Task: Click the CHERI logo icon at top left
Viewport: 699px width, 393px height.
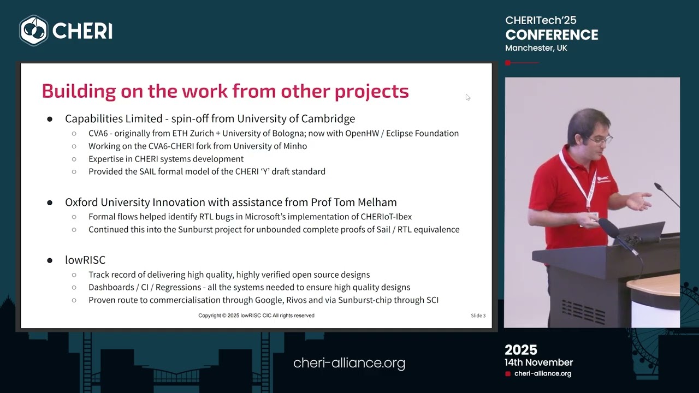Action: [x=34, y=31]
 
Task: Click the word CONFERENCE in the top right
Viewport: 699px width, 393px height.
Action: [x=552, y=35]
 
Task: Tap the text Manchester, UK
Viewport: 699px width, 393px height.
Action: [x=536, y=48]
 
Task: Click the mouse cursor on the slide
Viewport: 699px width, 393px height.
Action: [x=467, y=97]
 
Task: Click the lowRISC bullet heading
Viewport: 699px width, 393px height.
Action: [x=85, y=260]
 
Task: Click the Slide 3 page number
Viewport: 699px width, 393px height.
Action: [x=478, y=315]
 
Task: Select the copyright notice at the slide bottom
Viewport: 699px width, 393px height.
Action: [x=256, y=315]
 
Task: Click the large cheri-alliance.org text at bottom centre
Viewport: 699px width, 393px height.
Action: [x=349, y=363]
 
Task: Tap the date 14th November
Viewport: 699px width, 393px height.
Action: [x=538, y=362]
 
